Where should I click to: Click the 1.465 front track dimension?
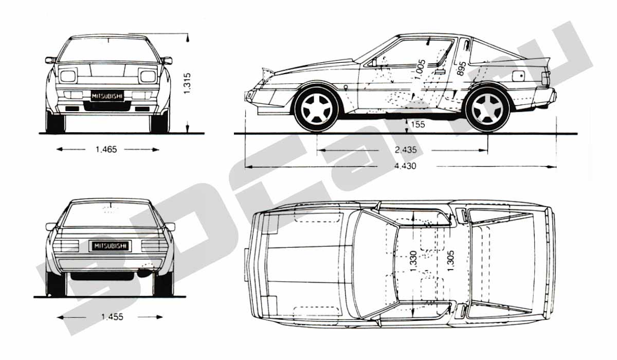[x=106, y=150]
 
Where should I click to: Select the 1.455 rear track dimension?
[x=113, y=317]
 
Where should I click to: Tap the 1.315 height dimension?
[x=187, y=83]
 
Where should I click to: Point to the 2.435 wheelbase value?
[x=406, y=150]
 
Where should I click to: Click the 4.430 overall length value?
[x=405, y=166]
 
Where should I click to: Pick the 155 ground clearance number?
[x=418, y=124]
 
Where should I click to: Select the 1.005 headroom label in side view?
[x=421, y=69]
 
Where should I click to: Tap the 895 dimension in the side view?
[x=461, y=68]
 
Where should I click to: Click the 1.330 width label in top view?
[x=413, y=261]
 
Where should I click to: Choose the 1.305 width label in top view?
[x=450, y=261]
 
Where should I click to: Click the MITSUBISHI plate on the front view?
[x=107, y=96]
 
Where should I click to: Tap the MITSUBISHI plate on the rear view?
[x=110, y=246]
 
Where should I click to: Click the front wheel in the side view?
[x=317, y=109]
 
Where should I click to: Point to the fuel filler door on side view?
[x=518, y=76]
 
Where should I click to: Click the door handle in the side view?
[x=440, y=72]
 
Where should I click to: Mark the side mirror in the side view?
[x=373, y=63]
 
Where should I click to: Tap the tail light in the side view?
[x=546, y=79]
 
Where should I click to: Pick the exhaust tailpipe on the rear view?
[x=143, y=273]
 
